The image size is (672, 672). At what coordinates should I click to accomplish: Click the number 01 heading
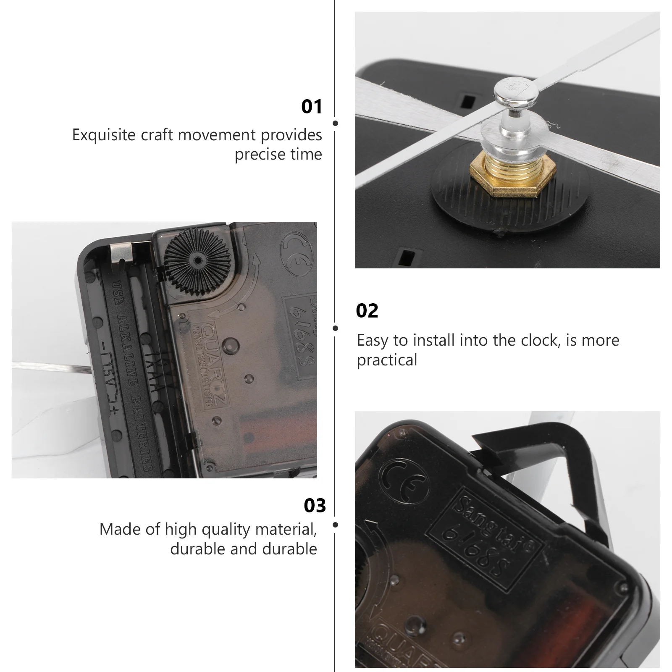coord(312,107)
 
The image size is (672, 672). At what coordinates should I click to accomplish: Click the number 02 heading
coord(367,311)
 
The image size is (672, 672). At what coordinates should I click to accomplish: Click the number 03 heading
coord(315,506)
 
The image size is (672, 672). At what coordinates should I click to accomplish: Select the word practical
coord(387,360)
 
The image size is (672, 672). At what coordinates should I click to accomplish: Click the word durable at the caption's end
coord(289,549)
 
